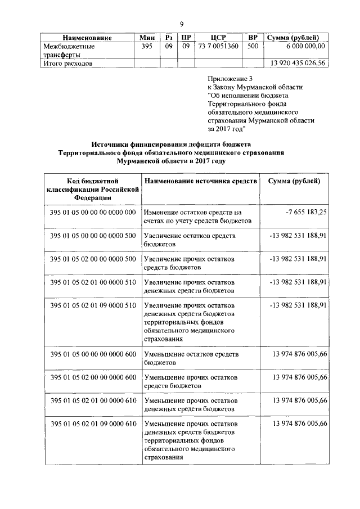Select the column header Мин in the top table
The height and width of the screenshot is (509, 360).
147,38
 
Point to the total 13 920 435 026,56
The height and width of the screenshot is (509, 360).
298,64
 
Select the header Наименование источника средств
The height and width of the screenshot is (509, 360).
200,181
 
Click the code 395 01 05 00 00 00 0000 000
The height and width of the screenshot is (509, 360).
93,212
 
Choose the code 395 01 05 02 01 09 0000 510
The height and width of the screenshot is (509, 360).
93,305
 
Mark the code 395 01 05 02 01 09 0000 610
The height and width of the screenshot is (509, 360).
93,423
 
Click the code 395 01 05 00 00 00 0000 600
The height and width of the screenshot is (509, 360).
93,354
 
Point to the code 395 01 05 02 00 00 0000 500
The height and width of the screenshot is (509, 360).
93,258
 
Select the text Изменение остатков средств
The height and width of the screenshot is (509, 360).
192,213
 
